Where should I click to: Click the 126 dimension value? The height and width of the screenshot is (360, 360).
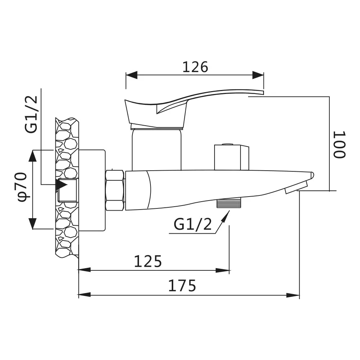(x=195, y=67)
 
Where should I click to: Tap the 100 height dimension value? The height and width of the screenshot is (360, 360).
(x=339, y=145)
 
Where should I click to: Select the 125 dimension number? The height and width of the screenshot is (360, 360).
(x=148, y=261)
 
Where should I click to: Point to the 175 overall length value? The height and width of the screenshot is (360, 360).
(x=182, y=285)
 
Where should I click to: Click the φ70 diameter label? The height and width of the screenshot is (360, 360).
(x=22, y=187)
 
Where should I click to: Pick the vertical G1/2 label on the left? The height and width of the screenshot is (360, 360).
(x=31, y=114)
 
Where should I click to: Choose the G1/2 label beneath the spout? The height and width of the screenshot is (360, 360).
(x=192, y=224)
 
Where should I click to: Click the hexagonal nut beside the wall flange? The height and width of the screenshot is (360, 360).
(x=115, y=190)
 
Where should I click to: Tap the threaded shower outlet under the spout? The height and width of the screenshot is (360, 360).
(x=229, y=203)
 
